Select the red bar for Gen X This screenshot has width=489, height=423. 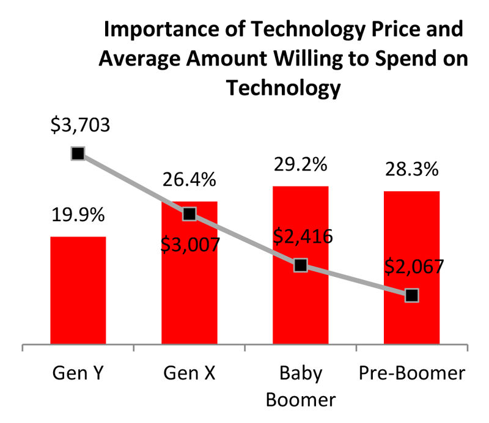[189, 287]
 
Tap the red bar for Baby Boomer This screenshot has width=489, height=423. [300, 306]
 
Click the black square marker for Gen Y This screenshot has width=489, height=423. [78, 153]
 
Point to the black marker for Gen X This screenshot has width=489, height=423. [189, 213]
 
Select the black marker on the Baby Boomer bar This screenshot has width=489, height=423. [300, 265]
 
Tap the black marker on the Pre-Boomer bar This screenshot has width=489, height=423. [412, 295]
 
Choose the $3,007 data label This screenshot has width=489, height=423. [191, 243]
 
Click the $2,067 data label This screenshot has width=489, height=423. [414, 267]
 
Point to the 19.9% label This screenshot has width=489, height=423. [78, 215]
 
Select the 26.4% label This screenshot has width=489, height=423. [189, 180]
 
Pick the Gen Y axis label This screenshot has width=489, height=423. [78, 372]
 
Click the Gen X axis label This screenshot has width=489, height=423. [189, 372]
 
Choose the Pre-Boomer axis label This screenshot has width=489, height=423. [411, 372]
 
